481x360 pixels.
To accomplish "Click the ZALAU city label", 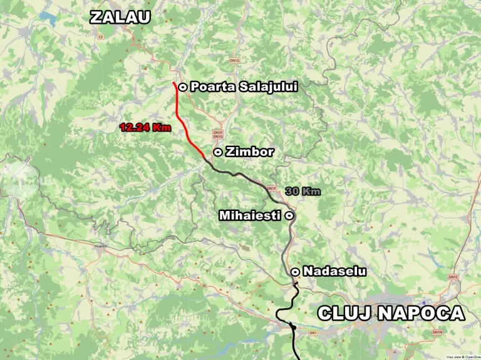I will point(120,17).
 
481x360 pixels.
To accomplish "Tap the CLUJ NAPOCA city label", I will point(391,313).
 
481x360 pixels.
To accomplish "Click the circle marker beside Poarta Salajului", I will point(182,87).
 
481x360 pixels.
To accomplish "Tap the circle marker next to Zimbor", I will point(217,152).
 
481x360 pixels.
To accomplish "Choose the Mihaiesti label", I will point(250,215).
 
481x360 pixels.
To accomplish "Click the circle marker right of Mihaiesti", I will point(289,215).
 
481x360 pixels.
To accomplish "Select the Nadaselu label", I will point(334,271).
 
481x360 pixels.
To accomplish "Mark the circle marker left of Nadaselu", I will point(294,271).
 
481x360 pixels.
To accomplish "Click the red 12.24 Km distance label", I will point(145,127).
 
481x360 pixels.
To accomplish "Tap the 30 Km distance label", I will point(303,191).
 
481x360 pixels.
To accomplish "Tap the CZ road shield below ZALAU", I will point(100,37).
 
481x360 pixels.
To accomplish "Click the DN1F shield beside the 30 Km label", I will point(271,188).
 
